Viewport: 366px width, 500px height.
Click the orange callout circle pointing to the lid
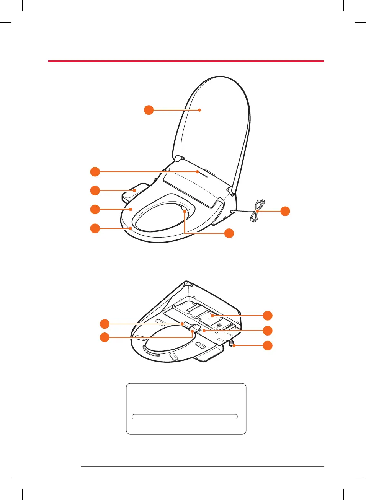click(149, 110)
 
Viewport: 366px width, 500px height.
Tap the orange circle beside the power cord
click(285, 211)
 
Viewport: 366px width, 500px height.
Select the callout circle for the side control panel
click(95, 190)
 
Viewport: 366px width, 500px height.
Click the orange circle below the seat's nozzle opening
click(229, 233)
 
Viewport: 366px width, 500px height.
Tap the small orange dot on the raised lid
click(199, 110)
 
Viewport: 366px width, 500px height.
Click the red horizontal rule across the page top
click(186, 61)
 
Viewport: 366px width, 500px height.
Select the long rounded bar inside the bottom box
click(185, 417)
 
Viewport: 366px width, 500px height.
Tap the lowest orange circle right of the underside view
click(268, 345)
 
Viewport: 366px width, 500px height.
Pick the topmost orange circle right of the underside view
click(268, 315)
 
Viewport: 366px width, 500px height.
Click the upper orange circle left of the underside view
click(105, 324)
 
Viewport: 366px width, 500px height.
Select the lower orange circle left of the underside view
click(105, 337)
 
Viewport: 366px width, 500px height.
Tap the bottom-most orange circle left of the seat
click(95, 228)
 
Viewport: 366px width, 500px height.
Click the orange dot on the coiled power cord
click(257, 211)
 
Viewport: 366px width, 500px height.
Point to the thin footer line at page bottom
click(202, 466)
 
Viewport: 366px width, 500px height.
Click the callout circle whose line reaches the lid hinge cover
click(95, 172)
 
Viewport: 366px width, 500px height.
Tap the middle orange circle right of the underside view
click(268, 331)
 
